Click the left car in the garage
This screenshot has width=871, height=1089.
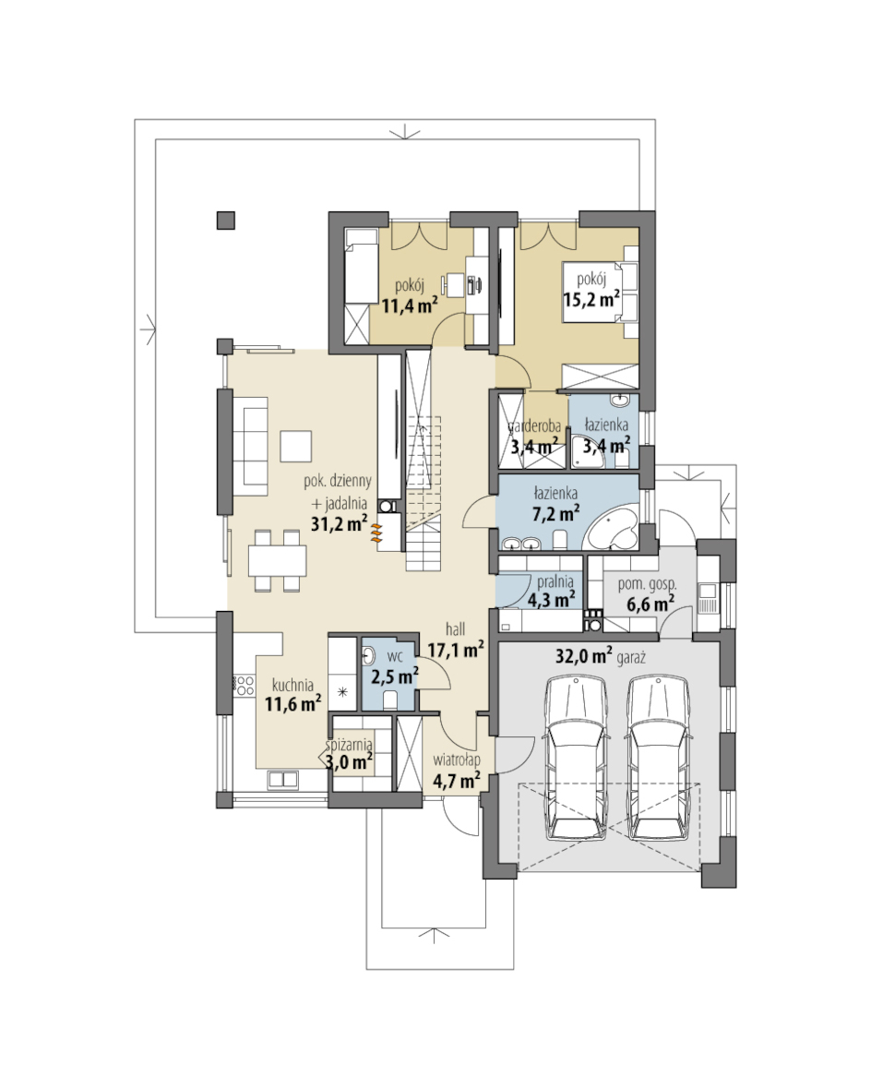pyautogui.click(x=577, y=759)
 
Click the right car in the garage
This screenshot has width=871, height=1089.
pyautogui.click(x=660, y=759)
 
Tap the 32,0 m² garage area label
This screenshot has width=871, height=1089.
pyautogui.click(x=583, y=655)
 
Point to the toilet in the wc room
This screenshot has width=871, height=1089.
pyautogui.click(x=389, y=699)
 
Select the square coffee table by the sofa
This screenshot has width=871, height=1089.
pyautogui.click(x=296, y=447)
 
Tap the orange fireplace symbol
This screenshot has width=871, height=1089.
pyautogui.click(x=376, y=533)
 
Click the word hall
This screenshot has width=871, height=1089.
pyautogui.click(x=456, y=629)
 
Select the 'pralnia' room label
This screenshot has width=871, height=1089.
pyautogui.click(x=555, y=582)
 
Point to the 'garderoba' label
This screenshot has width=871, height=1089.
pyautogui.click(x=535, y=425)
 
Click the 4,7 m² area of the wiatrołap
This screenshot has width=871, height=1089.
pyautogui.click(x=457, y=781)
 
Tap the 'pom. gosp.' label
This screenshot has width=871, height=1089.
pyautogui.click(x=647, y=584)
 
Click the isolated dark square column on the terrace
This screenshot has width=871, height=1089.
pyautogui.click(x=226, y=221)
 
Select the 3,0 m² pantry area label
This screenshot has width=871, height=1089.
pyautogui.click(x=350, y=762)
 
